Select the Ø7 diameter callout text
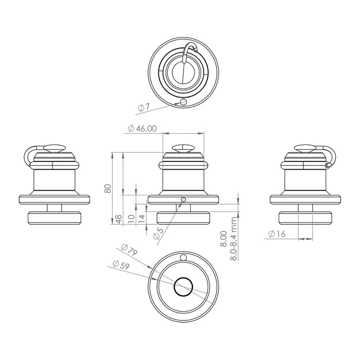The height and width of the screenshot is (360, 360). (x=143, y=107)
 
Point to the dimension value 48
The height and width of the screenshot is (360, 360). (x=118, y=219)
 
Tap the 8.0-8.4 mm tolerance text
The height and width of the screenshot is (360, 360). (x=234, y=240)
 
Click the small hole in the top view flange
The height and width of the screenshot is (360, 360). (x=184, y=102)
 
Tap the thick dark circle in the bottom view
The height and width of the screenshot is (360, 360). (x=184, y=286)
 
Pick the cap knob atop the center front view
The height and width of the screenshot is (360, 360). (x=184, y=148)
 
